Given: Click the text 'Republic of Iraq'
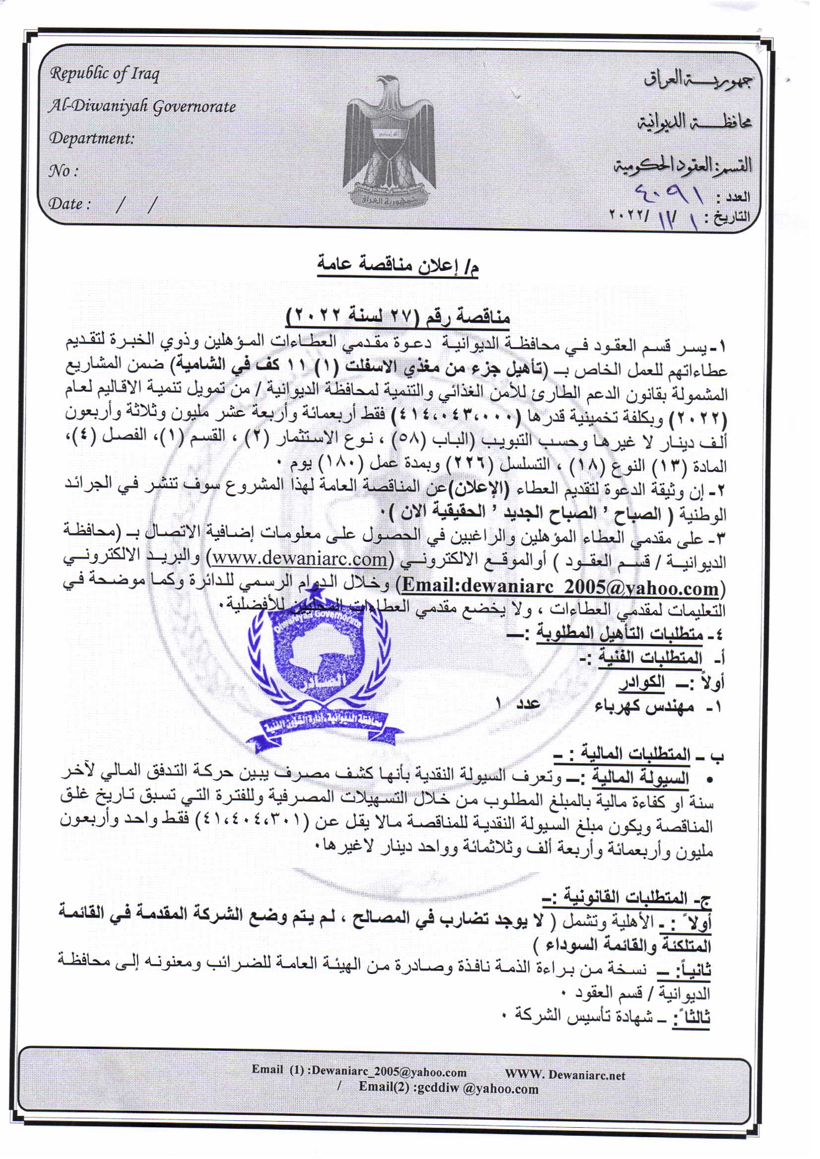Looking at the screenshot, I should click(x=104, y=74).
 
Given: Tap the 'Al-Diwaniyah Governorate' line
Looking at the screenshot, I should click(x=141, y=107).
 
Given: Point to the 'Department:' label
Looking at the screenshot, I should click(x=91, y=138).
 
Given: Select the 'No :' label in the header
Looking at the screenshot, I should click(x=63, y=171).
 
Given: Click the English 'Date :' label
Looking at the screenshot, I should click(x=69, y=204).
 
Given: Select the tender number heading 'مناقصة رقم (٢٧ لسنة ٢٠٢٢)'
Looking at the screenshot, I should click(x=398, y=316).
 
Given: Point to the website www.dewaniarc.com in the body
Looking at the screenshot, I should click(x=299, y=559).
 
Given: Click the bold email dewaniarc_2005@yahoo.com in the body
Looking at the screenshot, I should click(x=561, y=587).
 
